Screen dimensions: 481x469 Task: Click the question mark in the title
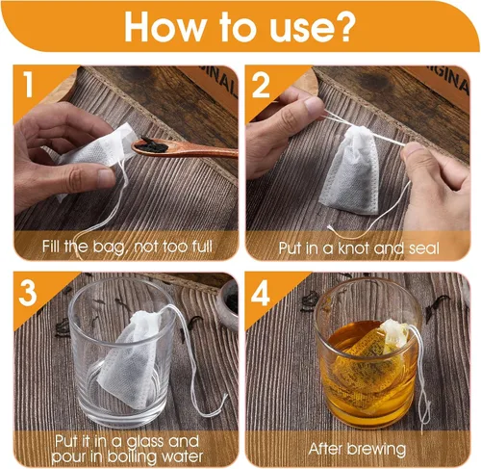point(343,27)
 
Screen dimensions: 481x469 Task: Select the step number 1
point(29,84)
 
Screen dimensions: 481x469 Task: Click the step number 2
point(261,86)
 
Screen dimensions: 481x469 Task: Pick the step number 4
point(260,294)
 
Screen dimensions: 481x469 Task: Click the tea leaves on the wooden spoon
point(155,144)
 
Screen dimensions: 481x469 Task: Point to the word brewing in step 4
point(377,449)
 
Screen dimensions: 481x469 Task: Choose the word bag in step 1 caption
point(108,248)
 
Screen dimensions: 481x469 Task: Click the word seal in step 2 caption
point(423,248)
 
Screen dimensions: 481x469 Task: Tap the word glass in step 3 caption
point(146,442)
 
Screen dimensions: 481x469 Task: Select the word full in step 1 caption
point(202,247)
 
